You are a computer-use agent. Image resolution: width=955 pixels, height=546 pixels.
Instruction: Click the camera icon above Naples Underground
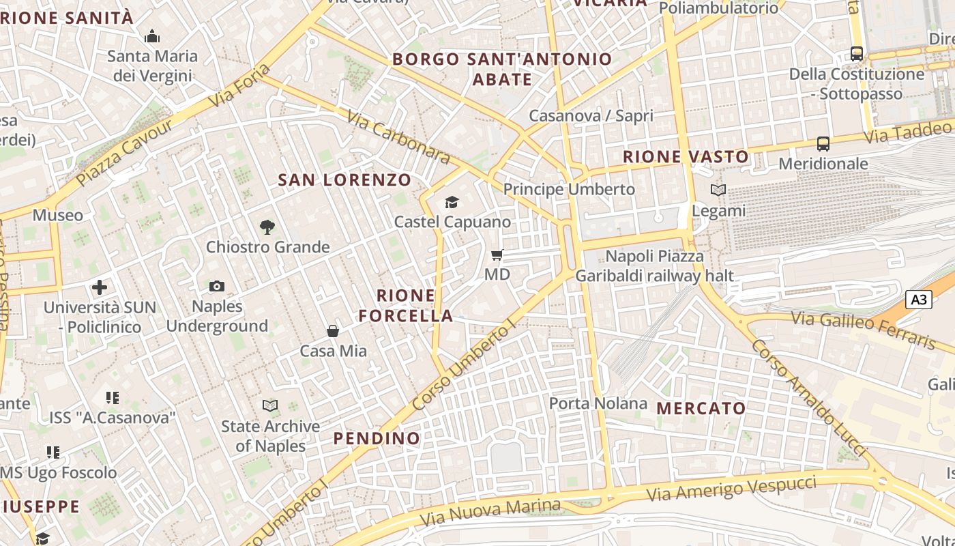pos(217,286)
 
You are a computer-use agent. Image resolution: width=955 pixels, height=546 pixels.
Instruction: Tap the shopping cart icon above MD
pos(497,255)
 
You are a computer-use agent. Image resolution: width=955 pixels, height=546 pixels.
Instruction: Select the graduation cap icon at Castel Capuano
pos(452,202)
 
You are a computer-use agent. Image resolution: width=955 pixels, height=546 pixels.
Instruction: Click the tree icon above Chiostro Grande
pos(267,227)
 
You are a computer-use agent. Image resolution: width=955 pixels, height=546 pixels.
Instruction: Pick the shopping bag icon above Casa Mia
pos(333,331)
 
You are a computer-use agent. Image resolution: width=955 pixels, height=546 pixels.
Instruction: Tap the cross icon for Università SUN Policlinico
pos(100,287)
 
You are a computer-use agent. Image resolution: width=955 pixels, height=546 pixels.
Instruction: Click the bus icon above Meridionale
pos(823,144)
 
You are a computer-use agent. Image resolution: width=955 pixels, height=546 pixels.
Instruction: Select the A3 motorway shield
pos(919,299)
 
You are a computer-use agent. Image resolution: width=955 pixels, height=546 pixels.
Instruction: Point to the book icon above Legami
pos(718,190)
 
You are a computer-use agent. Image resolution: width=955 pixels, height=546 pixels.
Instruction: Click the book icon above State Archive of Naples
pos(270,406)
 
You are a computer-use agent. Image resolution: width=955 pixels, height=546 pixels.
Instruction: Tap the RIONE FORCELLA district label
pos(406,305)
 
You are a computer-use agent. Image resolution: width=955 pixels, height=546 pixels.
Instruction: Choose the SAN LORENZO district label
pos(344,180)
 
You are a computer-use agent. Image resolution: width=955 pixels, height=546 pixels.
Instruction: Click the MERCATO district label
pos(701,409)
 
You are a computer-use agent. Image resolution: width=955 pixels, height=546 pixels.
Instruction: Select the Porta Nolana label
pos(598,403)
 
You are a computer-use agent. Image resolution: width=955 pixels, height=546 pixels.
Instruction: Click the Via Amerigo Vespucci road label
pos(731,489)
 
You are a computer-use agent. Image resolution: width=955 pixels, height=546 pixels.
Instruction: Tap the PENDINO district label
pos(377,438)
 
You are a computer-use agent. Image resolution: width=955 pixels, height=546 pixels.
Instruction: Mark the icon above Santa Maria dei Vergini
pos(152,36)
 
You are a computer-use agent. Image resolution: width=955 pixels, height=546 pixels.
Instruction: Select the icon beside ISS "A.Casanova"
pos(113,397)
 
